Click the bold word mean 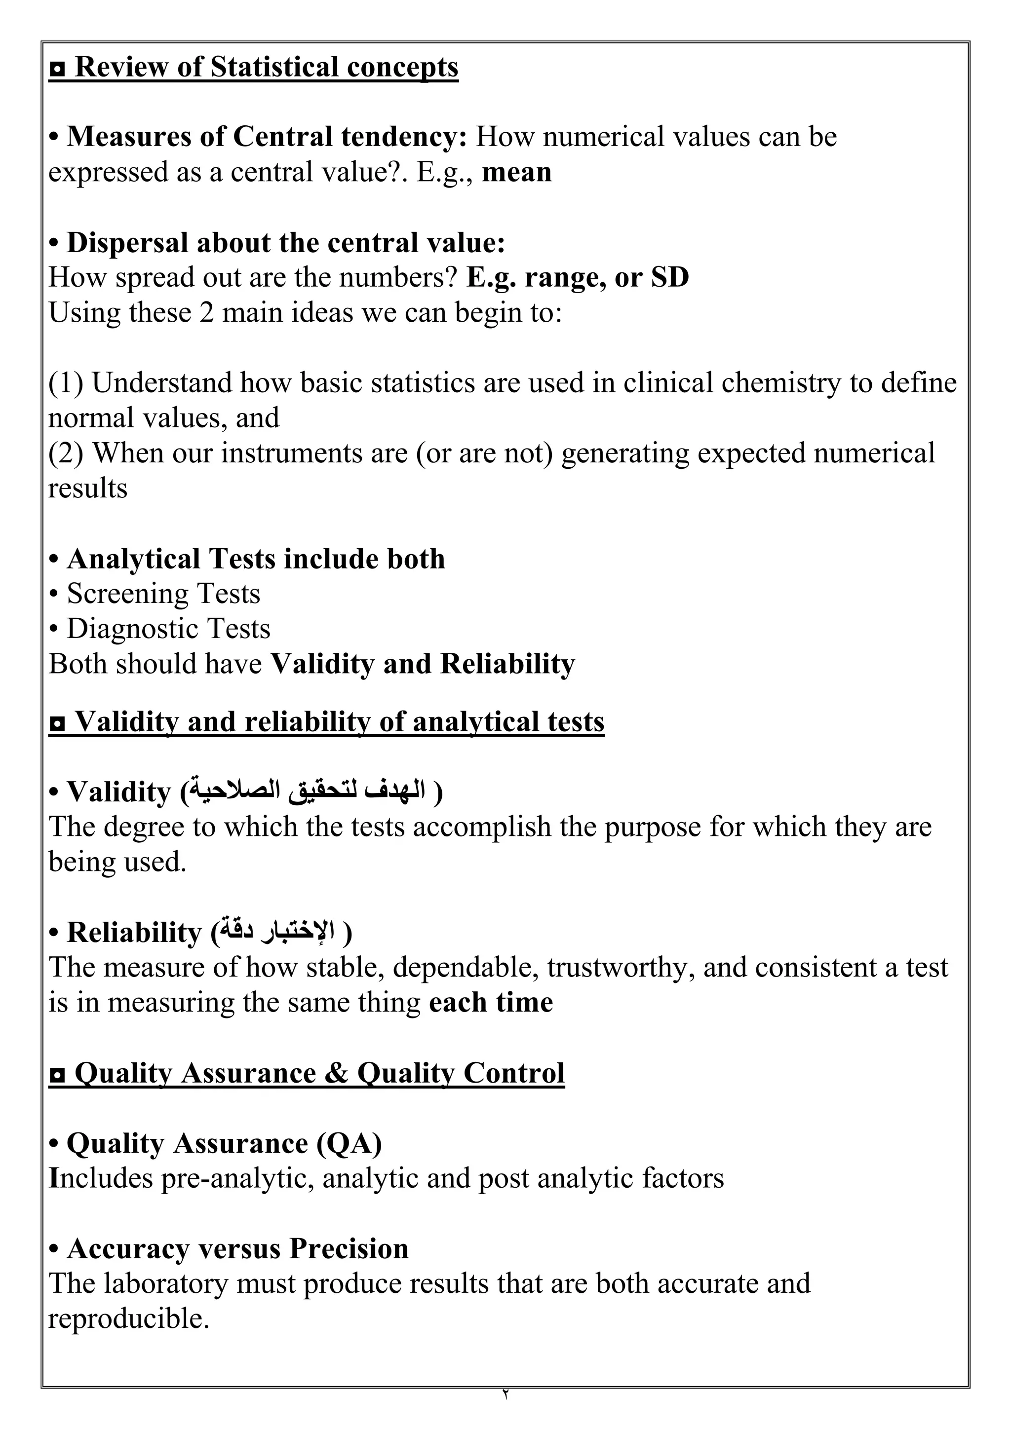pyautogui.click(x=517, y=172)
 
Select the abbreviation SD pyautogui.click(x=670, y=278)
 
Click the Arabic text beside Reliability pyautogui.click(x=277, y=931)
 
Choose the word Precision pyautogui.click(x=349, y=1249)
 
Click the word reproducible pyautogui.click(x=128, y=1319)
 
